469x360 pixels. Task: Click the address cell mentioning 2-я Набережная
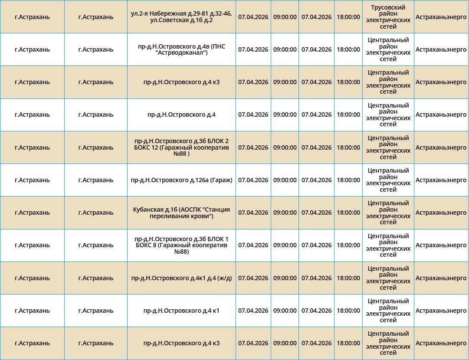(x=181, y=17)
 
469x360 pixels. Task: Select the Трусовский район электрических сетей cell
(x=388, y=17)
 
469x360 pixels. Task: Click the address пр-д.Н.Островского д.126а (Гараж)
(x=181, y=180)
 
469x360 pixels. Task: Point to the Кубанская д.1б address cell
(x=181, y=213)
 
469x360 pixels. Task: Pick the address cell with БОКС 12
(x=181, y=147)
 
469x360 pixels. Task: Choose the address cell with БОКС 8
(x=181, y=245)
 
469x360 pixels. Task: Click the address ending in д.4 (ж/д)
(x=181, y=278)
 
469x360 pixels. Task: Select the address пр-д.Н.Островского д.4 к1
(x=181, y=311)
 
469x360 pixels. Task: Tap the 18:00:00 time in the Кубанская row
(x=348, y=213)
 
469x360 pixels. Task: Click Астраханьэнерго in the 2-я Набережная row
(x=441, y=17)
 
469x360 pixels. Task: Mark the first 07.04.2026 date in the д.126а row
(x=253, y=180)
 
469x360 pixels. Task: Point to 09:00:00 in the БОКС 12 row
(x=285, y=147)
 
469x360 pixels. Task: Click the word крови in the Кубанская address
(x=202, y=216)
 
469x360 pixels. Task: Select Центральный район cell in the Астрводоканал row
(x=388, y=49)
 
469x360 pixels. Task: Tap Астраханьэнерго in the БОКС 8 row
(x=441, y=245)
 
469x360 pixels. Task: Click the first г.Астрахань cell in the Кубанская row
(x=32, y=213)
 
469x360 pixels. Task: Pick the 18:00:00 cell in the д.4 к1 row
(x=348, y=311)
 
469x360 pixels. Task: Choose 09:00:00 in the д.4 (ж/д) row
(x=285, y=278)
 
